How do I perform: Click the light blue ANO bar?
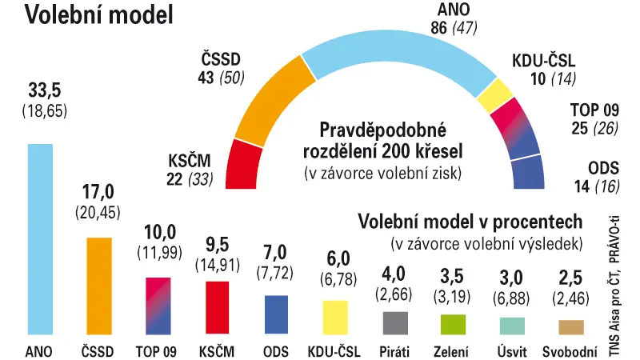(40, 239)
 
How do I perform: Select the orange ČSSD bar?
(99, 286)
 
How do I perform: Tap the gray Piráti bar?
(395, 323)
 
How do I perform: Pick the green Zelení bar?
(453, 325)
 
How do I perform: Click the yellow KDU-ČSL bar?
(335, 318)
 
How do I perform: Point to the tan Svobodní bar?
(571, 327)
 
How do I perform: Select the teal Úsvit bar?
(512, 326)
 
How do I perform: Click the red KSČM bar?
(217, 307)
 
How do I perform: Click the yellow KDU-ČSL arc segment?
(495, 95)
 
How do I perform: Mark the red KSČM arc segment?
(243, 166)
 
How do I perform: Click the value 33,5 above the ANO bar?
(45, 90)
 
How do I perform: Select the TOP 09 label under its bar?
(156, 351)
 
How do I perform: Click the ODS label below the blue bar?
(276, 351)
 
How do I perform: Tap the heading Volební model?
(99, 15)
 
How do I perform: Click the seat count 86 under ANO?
(438, 28)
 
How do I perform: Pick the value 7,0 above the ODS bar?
(275, 252)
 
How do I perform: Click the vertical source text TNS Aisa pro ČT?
(614, 315)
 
